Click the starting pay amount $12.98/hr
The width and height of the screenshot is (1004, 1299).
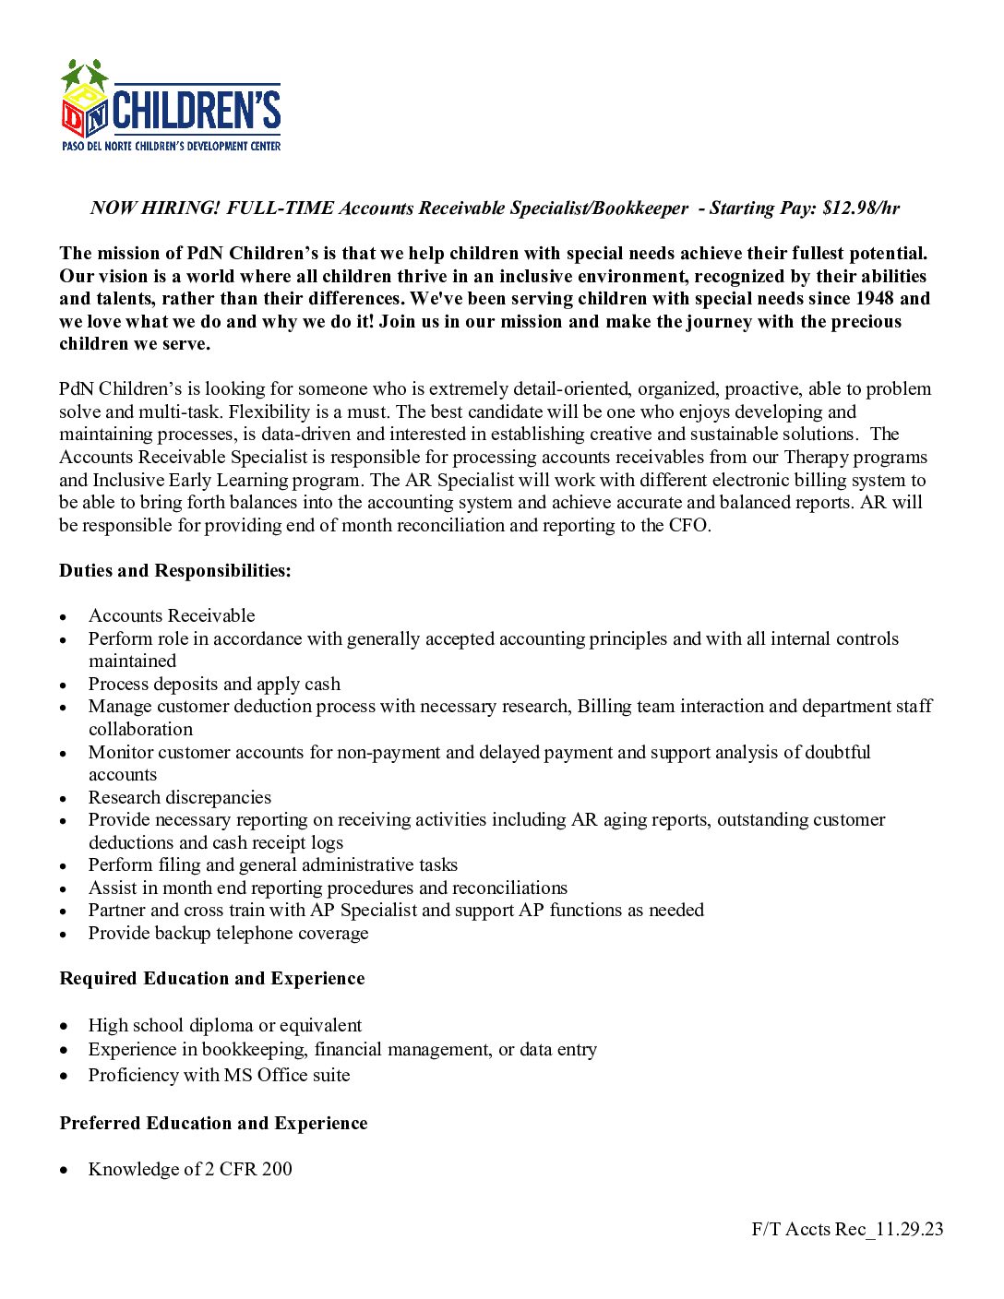[860, 209]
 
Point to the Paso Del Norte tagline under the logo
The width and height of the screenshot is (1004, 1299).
[171, 147]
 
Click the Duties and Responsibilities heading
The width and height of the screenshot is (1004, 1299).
[175, 571]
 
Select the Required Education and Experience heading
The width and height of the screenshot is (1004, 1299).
[212, 979]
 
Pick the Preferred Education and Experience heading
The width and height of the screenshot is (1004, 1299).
[213, 1124]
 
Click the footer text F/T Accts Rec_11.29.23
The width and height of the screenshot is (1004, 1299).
[847, 1230]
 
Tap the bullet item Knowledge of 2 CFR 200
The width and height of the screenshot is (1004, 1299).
[190, 1170]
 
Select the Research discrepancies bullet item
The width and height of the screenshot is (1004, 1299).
[180, 798]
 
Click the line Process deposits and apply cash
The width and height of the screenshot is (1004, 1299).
[214, 685]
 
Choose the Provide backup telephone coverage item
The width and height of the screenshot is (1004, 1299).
[228, 934]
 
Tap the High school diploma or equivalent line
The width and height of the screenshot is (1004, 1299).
[225, 1026]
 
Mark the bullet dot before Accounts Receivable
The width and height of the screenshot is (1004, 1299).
[63, 617]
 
